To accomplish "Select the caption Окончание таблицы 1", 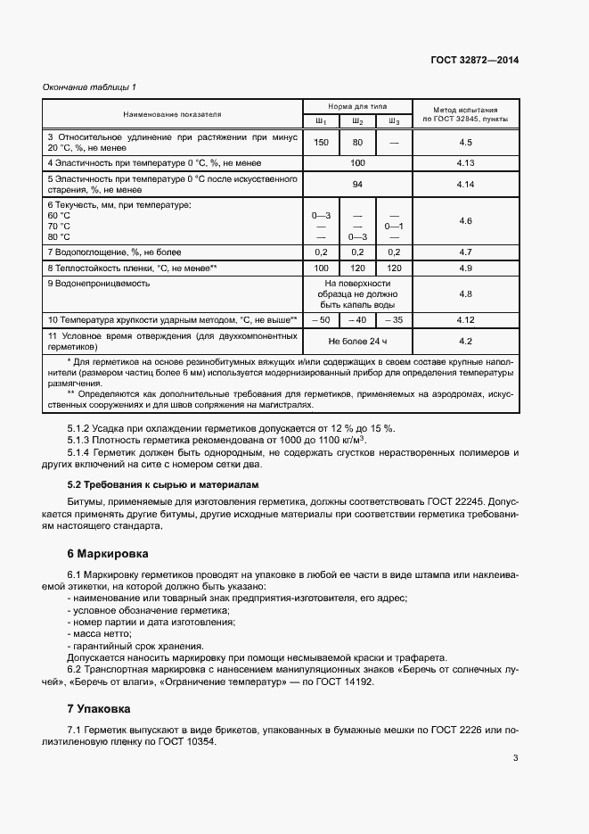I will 89,87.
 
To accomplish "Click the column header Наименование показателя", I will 173,114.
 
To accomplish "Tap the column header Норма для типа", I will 356,105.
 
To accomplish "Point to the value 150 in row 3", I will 322,143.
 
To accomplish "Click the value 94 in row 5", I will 357,184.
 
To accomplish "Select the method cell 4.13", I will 464,163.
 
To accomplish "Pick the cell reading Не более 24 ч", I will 357,341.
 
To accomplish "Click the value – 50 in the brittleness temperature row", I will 322,319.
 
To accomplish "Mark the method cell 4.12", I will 464,319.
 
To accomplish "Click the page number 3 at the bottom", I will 516,758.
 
